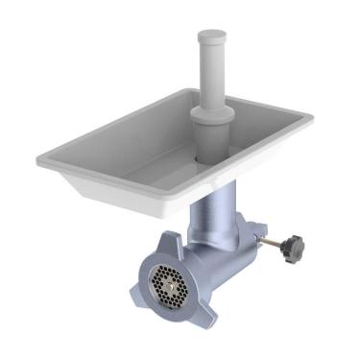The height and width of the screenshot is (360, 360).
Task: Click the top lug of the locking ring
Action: pos(171,242)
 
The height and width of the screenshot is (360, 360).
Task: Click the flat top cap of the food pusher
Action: pos(212,36)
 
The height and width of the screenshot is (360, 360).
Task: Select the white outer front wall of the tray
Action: pos(125,197)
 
